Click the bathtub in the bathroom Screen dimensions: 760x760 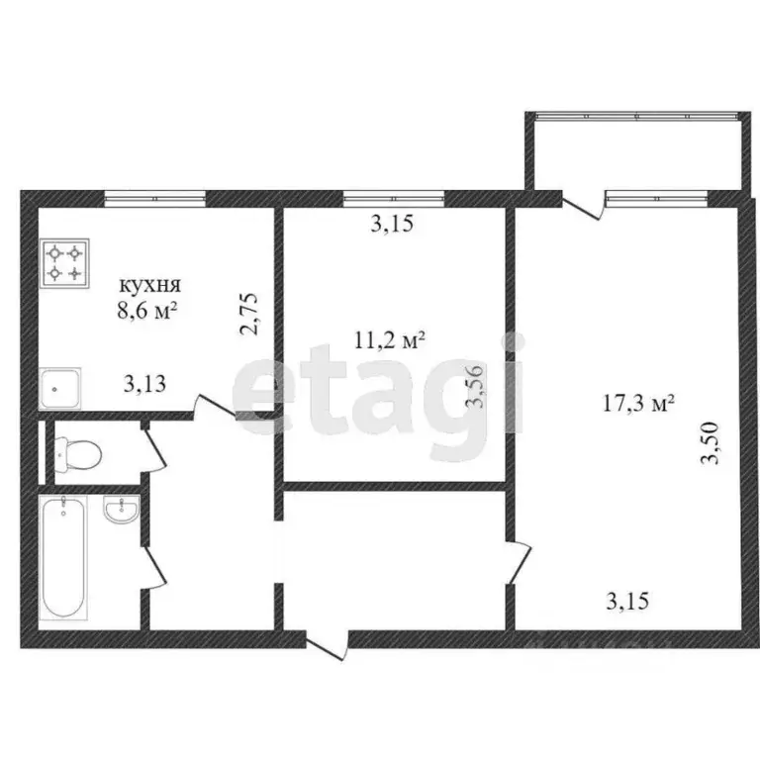[x=64, y=557]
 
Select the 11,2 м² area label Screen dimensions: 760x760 [x=389, y=341]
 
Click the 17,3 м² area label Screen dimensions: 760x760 [x=638, y=403]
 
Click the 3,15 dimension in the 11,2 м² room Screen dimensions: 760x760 [x=391, y=225]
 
